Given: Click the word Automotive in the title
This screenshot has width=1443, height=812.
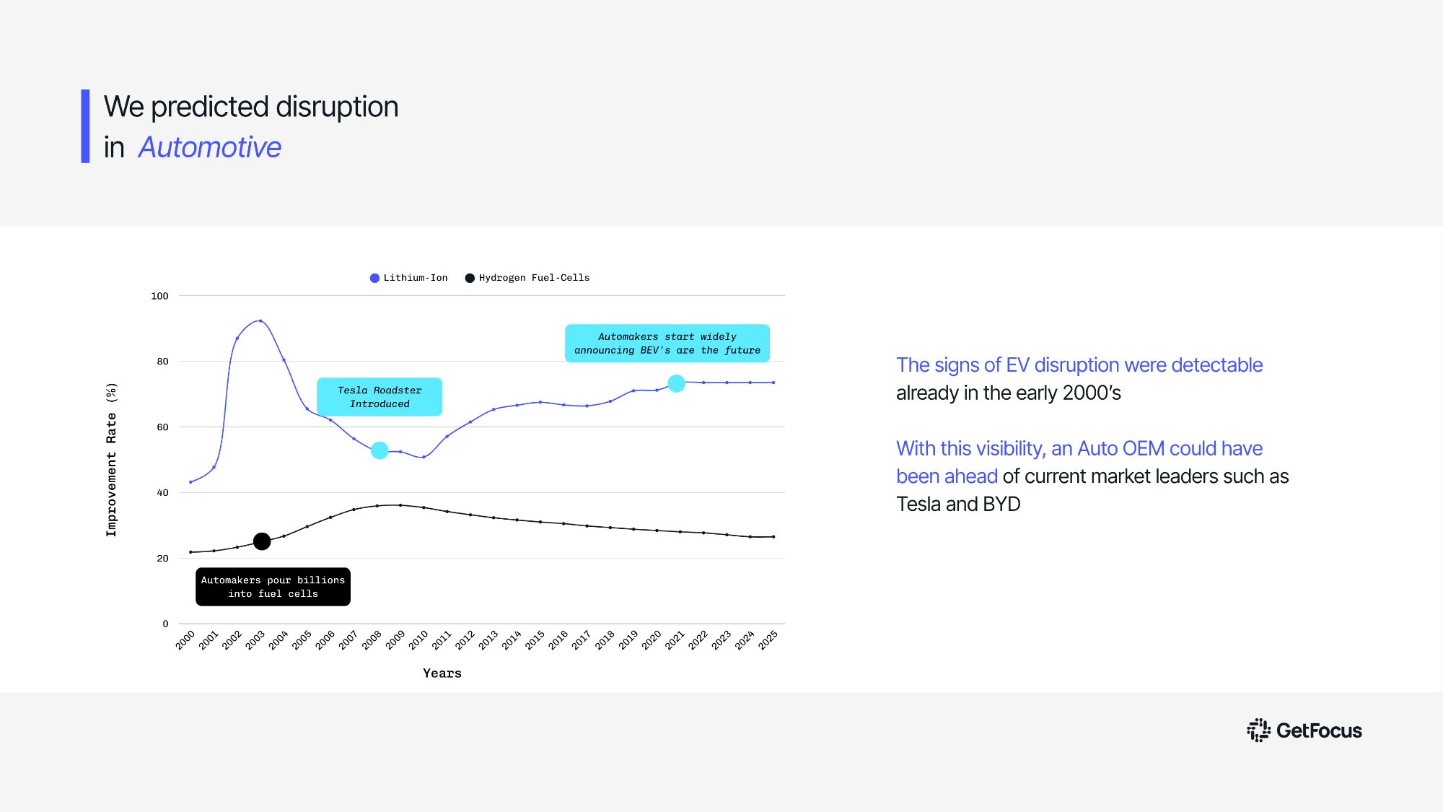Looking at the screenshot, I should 209,147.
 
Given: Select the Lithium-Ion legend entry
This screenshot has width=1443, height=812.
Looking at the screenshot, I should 408,278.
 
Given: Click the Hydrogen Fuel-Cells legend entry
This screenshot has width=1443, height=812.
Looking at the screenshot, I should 527,278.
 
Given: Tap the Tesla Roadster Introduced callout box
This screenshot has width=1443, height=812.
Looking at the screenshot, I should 380,397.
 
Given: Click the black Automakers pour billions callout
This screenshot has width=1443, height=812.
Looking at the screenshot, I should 273,587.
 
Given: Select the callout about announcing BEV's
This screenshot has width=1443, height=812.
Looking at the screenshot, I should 667,344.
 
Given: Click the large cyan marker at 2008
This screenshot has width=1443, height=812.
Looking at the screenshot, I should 380,450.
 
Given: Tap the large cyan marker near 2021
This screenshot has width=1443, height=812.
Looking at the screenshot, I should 676,383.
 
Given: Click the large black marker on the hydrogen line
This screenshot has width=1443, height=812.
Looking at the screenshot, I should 262,541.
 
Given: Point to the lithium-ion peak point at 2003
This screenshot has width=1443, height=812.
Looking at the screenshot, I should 260,321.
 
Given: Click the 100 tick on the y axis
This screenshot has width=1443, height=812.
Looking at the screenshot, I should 159,296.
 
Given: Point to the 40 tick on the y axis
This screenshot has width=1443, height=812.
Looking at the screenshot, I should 162,493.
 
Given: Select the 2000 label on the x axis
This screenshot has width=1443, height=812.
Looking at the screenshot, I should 185,639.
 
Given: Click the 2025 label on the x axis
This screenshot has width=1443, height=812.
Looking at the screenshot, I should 768,639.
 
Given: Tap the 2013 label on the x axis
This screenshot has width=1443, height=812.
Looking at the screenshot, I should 488,639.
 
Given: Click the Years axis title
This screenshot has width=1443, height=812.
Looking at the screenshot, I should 442,673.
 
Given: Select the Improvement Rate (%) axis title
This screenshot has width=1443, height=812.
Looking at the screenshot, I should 111,459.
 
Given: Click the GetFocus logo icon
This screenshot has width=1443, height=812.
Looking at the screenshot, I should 1258,730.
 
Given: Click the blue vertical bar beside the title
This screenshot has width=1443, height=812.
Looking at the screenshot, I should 85,126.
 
